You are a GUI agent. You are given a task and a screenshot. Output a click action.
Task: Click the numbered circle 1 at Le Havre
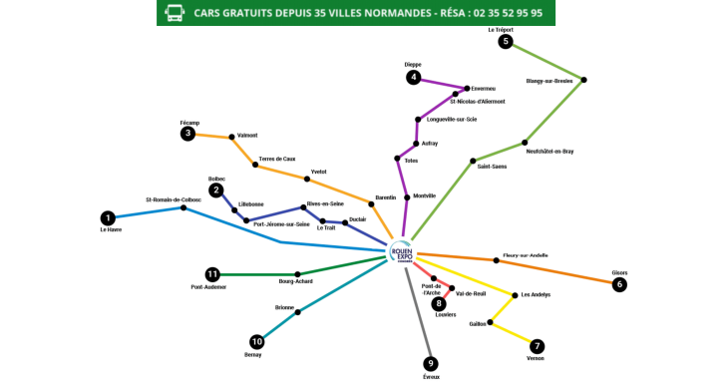(x=108, y=217)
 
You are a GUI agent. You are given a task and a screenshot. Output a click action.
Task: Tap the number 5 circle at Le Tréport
(x=506, y=42)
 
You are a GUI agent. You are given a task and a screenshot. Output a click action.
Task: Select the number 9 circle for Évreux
(x=431, y=363)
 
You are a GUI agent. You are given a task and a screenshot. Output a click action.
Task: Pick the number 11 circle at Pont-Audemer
(x=211, y=274)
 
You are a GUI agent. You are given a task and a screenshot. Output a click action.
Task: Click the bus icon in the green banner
(x=174, y=13)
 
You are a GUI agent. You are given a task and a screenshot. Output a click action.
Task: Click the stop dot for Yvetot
(x=307, y=180)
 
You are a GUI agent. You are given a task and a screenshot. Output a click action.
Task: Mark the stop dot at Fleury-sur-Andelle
(x=497, y=261)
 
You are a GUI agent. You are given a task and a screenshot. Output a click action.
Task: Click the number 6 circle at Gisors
(x=619, y=284)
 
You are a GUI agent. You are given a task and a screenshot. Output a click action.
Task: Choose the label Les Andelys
(x=536, y=295)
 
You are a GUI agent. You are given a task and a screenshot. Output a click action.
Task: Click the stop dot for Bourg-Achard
(x=297, y=274)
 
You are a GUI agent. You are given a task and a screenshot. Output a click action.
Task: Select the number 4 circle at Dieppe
(x=413, y=77)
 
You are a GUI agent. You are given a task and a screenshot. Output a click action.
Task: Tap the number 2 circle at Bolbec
(x=215, y=191)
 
